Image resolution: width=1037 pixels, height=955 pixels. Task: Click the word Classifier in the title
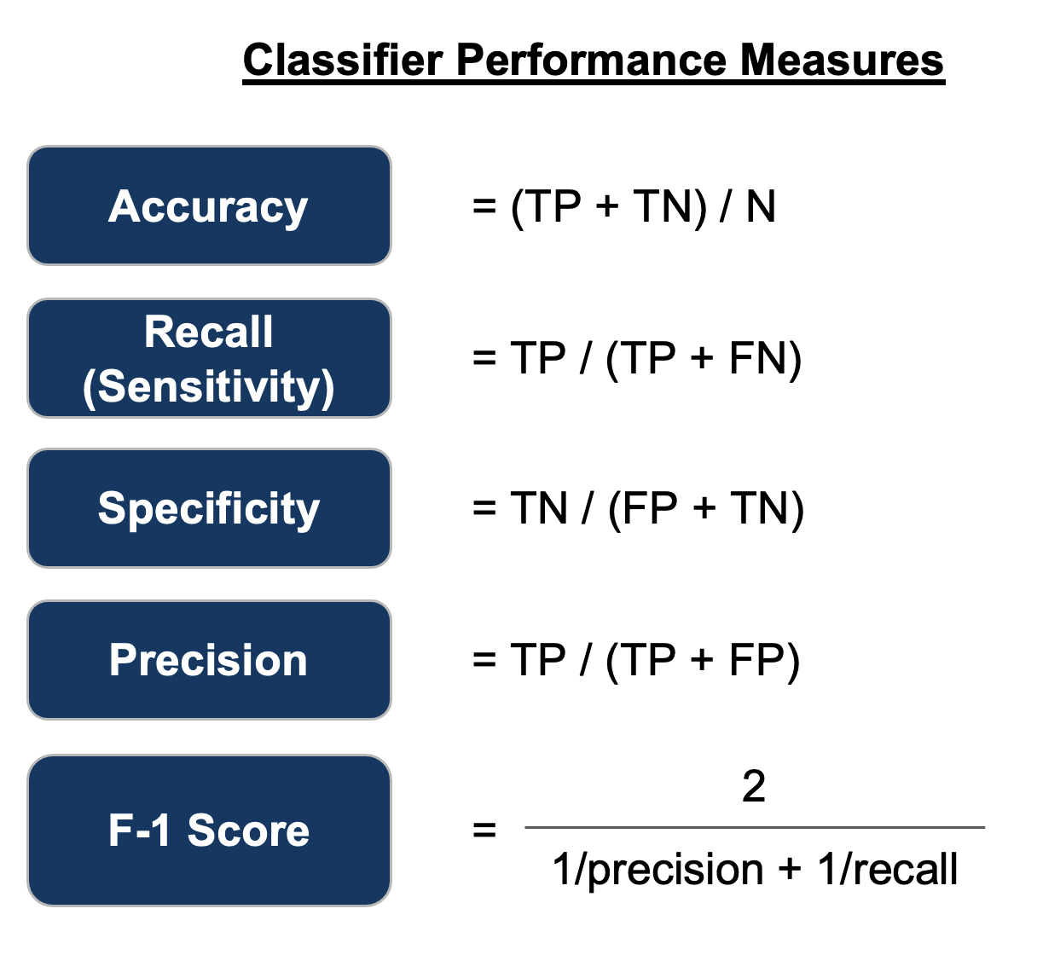(344, 61)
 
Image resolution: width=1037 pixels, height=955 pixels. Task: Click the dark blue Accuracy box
(209, 205)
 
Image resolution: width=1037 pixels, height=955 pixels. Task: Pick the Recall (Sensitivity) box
(209, 358)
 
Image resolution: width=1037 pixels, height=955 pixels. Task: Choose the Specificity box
(209, 509)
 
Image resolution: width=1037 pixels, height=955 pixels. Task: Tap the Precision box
(209, 660)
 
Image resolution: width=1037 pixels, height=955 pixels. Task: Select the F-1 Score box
(209, 830)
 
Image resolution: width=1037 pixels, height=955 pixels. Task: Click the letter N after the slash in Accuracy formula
(761, 207)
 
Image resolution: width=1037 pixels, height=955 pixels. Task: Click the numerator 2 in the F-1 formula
(754, 786)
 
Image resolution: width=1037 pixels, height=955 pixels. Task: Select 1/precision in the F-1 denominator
(658, 871)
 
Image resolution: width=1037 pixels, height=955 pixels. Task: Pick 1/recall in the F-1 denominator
(888, 871)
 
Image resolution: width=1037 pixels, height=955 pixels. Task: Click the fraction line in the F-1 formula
(754, 827)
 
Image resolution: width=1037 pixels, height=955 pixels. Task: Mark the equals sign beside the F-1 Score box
(484, 829)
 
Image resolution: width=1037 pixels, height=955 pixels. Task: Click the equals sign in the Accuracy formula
(484, 207)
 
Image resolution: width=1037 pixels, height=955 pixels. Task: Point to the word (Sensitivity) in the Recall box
(209, 386)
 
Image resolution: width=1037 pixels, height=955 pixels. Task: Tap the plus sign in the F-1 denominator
(790, 871)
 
